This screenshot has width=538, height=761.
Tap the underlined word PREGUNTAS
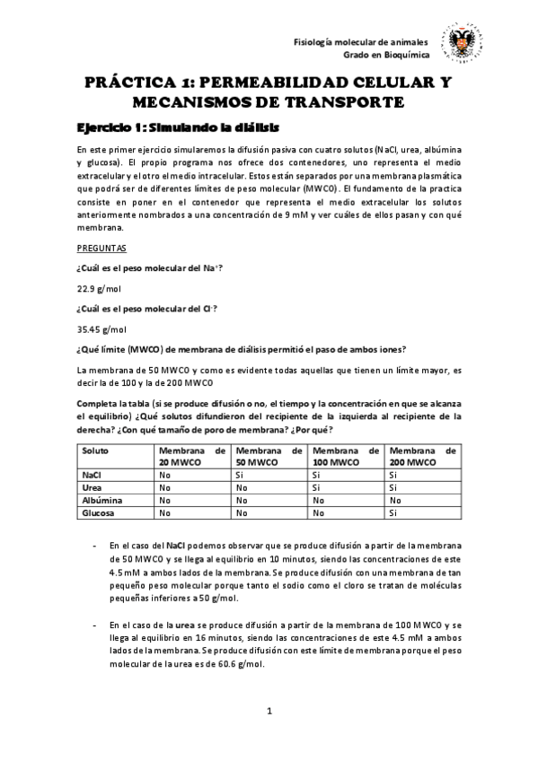101,247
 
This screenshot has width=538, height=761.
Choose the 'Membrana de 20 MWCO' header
191,456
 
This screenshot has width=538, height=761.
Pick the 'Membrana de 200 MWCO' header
423,456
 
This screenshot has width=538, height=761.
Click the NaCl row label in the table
91,475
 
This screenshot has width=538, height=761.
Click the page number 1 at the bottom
269,712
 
